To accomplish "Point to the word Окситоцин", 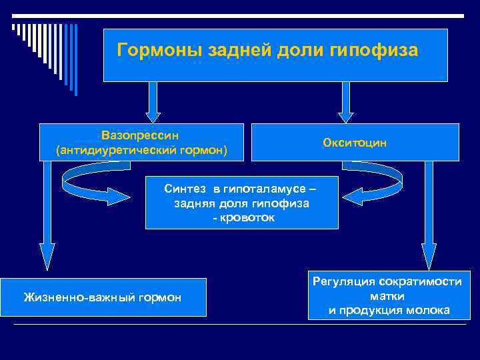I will point(355,143).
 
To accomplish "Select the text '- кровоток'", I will point(242,218).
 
